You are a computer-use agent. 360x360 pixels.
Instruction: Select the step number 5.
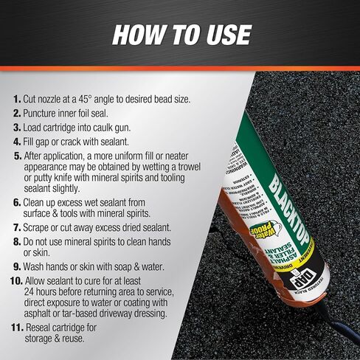click(18, 156)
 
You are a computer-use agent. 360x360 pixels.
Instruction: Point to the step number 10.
click(15, 282)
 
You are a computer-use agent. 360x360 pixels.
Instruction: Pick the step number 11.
click(15, 325)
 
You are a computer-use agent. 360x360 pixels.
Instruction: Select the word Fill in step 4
click(32, 141)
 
